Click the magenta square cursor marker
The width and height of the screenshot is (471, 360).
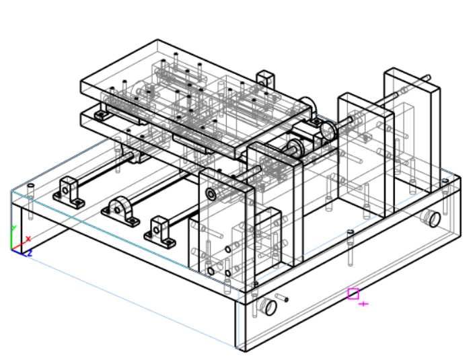pyautogui.click(x=353, y=294)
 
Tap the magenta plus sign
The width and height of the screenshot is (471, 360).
pyautogui.click(x=364, y=304)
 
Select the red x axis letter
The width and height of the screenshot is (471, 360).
pyautogui.click(x=28, y=239)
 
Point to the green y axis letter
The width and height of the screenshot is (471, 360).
pyautogui.click(x=13, y=228)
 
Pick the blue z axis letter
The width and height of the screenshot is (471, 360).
pyautogui.click(x=30, y=254)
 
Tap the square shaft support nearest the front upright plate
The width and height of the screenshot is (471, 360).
pyautogui.click(x=160, y=231)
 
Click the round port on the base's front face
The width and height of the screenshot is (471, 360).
pyautogui.click(x=269, y=307)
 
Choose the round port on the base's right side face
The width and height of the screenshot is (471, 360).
pyautogui.click(x=432, y=219)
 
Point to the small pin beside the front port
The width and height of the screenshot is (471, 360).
pyautogui.click(x=282, y=297)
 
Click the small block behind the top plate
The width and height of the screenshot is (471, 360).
pyautogui.click(x=266, y=79)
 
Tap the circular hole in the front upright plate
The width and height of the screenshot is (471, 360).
pyautogui.click(x=211, y=194)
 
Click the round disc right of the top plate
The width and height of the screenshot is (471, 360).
pyautogui.click(x=328, y=131)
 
